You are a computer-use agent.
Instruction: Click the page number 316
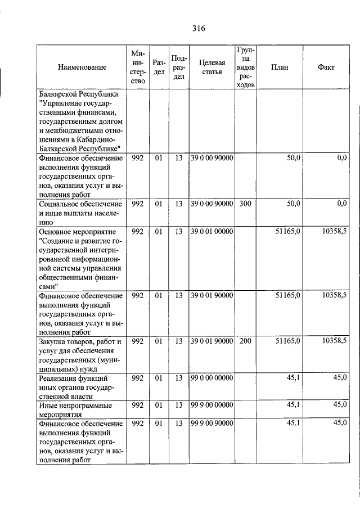[x=197, y=29]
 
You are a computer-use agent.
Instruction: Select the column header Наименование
[x=82, y=67]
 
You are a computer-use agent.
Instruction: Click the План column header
[x=279, y=67]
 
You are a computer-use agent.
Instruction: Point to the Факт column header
[x=326, y=67]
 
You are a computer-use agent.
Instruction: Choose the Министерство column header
[x=138, y=67]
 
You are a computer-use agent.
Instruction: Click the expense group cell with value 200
[x=245, y=341]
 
